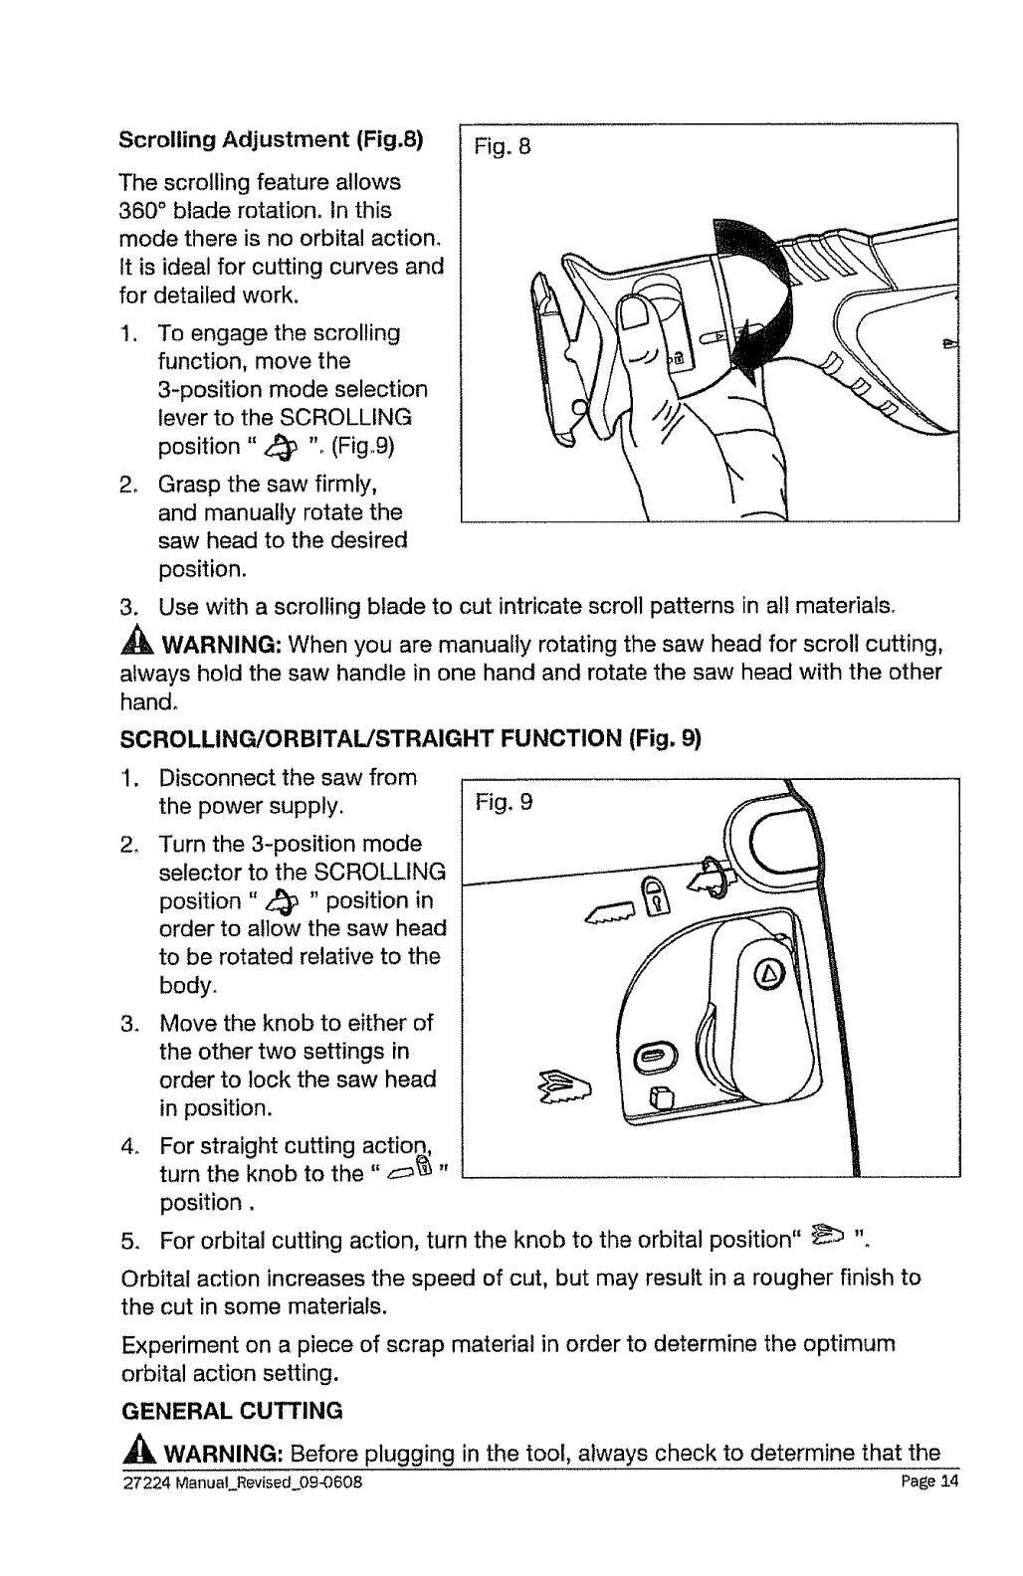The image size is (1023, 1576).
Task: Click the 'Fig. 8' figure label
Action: (505, 148)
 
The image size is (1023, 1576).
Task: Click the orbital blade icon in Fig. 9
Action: (567, 1090)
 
